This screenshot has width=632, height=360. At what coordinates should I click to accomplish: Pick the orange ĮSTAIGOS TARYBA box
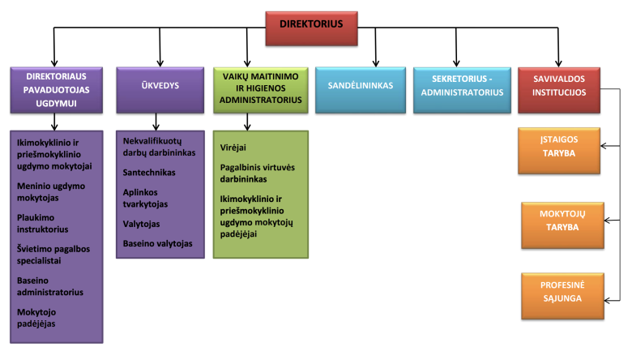[x=559, y=151]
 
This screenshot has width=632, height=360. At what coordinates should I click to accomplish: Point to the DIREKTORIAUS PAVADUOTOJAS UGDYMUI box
[x=55, y=88]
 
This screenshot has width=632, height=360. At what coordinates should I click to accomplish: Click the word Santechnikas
[x=149, y=172]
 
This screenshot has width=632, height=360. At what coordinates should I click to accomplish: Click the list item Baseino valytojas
[x=158, y=242]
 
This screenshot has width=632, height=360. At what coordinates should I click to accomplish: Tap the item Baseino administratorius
[x=50, y=285]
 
